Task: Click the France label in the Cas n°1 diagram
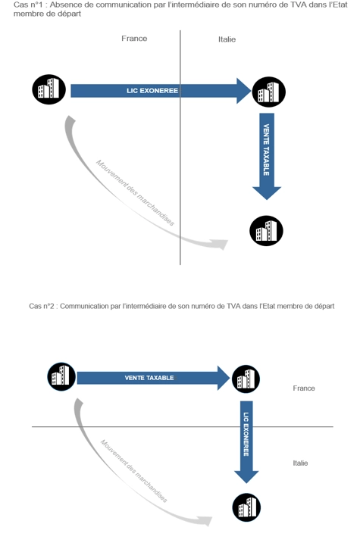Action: (x=134, y=39)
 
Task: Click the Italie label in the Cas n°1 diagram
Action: (x=227, y=39)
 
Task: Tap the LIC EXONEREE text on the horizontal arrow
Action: (x=152, y=91)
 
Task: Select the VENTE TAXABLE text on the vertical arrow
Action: (x=267, y=149)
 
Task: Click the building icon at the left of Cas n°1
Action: (x=49, y=89)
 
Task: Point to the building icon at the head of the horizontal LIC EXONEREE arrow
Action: (x=269, y=92)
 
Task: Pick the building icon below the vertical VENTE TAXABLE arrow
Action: (x=266, y=231)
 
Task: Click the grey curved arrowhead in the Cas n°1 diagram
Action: (x=220, y=244)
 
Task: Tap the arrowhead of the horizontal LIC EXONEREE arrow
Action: (x=244, y=91)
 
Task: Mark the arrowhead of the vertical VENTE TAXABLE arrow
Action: (x=267, y=193)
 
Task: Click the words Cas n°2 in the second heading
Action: (x=42, y=306)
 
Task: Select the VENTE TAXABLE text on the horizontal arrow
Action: (x=149, y=378)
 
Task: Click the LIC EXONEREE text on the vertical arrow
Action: (x=246, y=434)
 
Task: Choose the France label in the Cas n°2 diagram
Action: (x=304, y=388)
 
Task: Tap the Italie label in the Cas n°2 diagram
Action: (x=300, y=463)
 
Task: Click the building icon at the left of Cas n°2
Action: (x=61, y=377)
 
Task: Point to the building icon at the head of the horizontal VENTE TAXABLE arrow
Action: (x=246, y=379)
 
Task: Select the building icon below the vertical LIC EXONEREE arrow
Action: (x=246, y=507)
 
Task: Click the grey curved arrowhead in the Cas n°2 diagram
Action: (x=205, y=521)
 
